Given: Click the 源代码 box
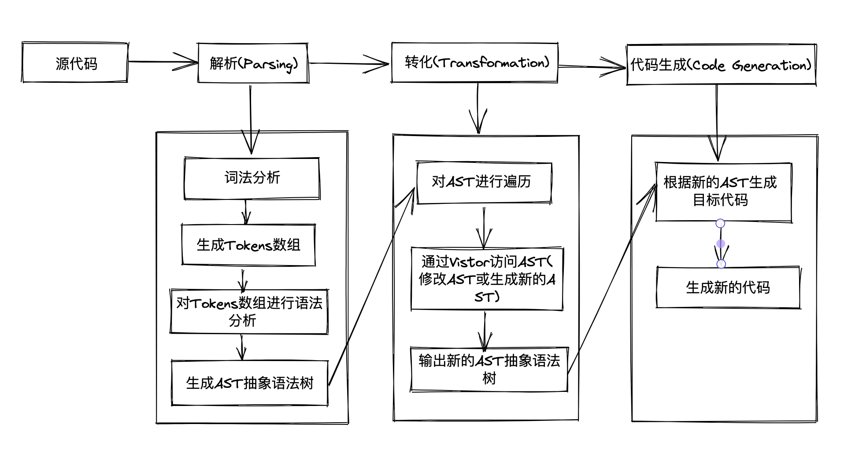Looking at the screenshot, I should pos(75,63).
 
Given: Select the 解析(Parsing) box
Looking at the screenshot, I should pos(253,63).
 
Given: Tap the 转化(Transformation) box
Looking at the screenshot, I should pos(475,63).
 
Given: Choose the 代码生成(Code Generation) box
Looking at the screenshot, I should pos(721,65).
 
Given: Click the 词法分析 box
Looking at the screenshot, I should pos(252,178).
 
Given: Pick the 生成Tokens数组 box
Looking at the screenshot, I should pos(248,245).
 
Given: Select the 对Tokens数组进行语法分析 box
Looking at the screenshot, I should pos(249,311).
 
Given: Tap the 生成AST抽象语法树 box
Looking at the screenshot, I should pos(249,383).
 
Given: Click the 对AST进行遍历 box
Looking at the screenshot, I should pos(484,182).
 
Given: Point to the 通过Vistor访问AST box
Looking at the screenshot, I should pos(487,279).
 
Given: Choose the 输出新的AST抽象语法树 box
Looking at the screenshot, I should pos(489,369).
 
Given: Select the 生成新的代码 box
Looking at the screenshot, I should pos(728,288).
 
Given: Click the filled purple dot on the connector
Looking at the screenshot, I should pos(721,243).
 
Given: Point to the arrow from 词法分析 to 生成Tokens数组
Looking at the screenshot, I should pos(246,212).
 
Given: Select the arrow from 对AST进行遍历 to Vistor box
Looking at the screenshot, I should pos(484,227).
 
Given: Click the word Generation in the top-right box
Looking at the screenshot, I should pos(771,66).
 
